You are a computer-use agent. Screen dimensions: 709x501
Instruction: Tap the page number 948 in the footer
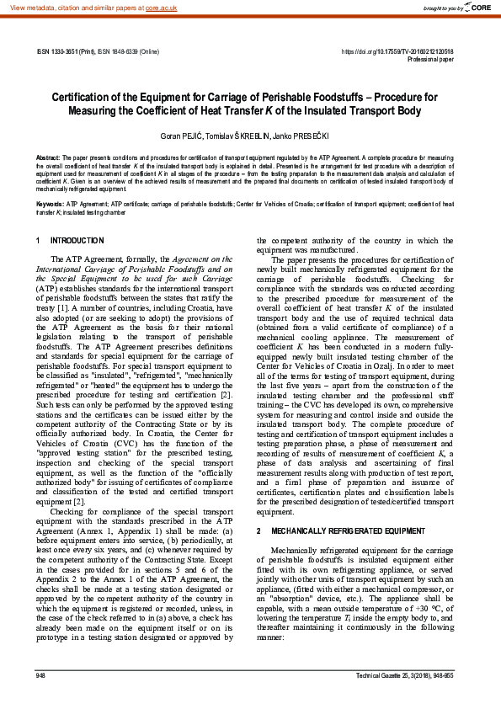41,675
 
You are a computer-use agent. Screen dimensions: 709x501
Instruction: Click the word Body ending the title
433,110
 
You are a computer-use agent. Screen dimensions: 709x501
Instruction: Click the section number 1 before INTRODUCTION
40,241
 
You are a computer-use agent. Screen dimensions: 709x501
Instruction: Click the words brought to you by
442,8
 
